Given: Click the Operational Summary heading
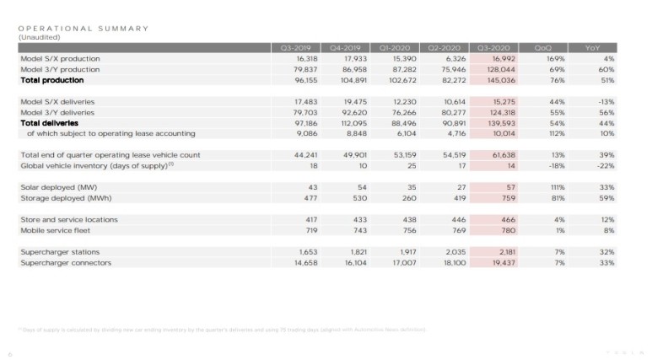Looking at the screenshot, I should tap(83, 28).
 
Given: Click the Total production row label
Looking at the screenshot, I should tap(51, 81).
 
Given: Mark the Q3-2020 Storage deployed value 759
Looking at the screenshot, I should tap(506, 198).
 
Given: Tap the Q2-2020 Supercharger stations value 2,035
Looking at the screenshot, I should tap(453, 253).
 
